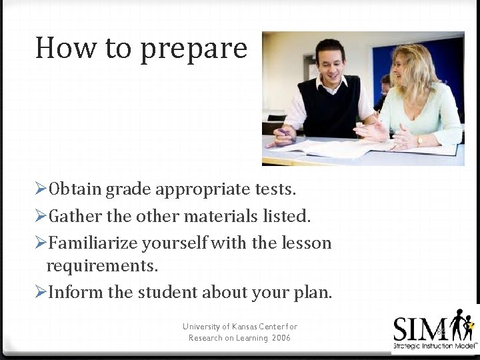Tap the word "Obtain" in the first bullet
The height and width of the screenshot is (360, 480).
click(x=73, y=190)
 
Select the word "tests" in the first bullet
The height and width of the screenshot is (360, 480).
click(x=273, y=190)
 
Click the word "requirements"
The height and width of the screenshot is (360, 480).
click(x=102, y=267)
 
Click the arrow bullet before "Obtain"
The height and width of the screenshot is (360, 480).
click(x=41, y=190)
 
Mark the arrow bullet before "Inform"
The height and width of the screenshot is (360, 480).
click(x=41, y=293)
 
